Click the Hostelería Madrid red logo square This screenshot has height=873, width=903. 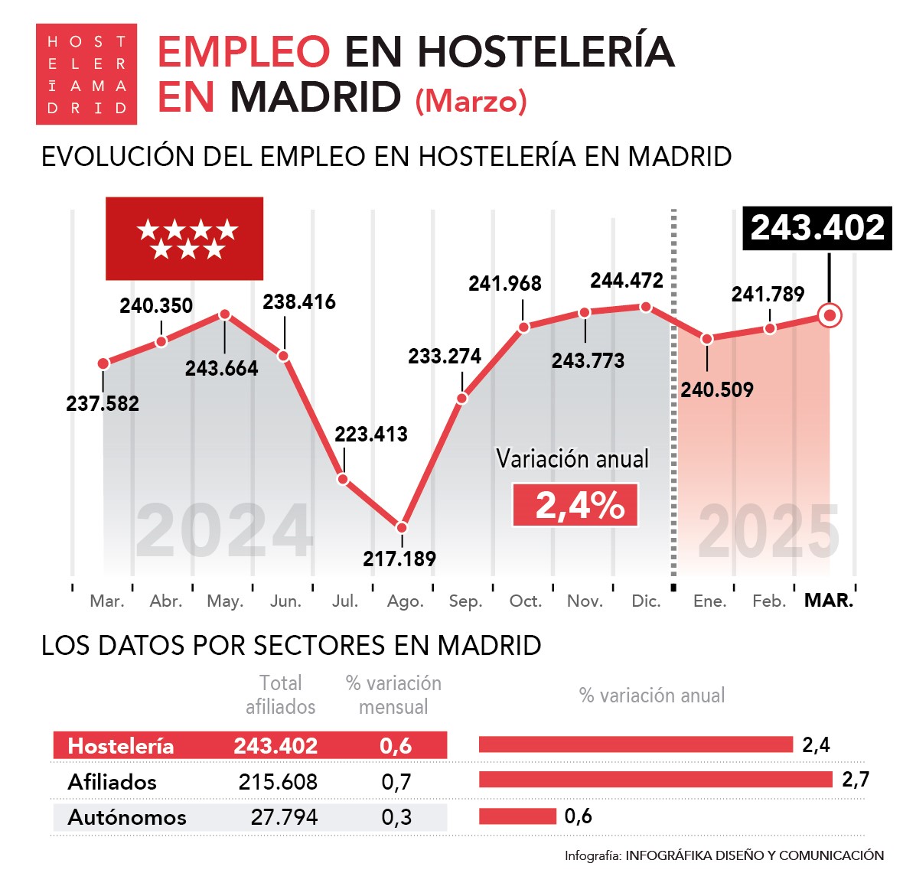tap(86, 74)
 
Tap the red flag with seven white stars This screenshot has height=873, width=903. tap(184, 239)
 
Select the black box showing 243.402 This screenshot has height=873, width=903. tap(817, 228)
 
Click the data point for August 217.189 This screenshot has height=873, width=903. tap(402, 527)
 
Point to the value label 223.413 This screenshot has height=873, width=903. tap(371, 434)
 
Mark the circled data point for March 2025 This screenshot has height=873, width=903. tap(830, 315)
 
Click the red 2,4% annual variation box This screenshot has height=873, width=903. tap(575, 505)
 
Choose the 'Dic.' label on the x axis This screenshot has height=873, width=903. tap(646, 601)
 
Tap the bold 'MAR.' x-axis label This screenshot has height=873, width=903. tap(829, 601)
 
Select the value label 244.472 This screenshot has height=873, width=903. tap(627, 280)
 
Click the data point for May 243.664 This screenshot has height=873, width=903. tap(224, 314)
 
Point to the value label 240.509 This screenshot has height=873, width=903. tap(717, 389)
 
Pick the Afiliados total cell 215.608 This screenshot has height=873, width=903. tap(278, 781)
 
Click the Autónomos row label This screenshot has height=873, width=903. tap(127, 817)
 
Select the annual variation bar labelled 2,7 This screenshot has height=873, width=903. tap(655, 780)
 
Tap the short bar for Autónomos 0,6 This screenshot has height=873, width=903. tap(517, 816)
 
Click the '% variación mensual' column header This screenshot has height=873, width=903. tap(393, 695)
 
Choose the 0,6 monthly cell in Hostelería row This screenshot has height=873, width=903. tap(396, 746)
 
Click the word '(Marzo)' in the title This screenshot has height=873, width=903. tap(471, 100)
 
